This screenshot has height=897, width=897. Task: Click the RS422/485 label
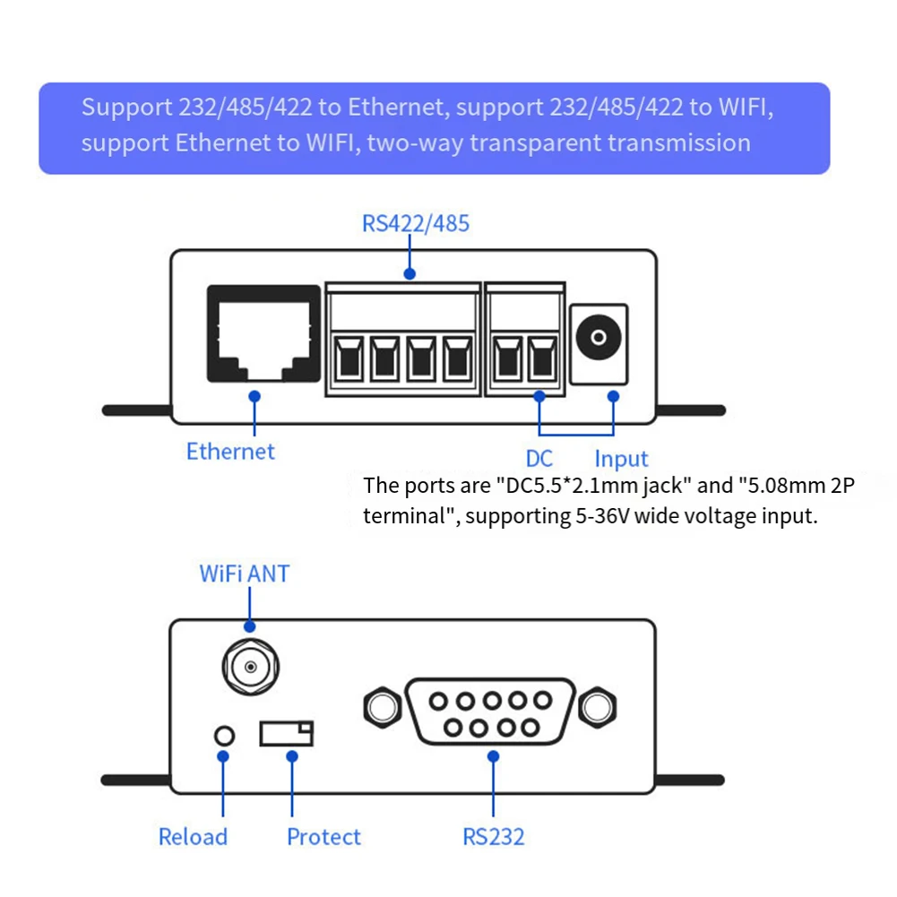[415, 223]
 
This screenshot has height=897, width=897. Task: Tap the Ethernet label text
[230, 452]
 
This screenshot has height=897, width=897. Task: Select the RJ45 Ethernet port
[263, 333]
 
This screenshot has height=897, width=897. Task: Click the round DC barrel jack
[599, 337]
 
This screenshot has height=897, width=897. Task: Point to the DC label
[539, 459]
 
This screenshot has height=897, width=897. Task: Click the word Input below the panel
[621, 459]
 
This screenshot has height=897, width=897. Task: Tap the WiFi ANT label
[245, 574]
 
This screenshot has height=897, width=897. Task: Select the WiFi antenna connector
[251, 667]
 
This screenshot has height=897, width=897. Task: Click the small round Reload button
[224, 736]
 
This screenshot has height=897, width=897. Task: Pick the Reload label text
[193, 837]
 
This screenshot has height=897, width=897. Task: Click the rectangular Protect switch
[287, 733]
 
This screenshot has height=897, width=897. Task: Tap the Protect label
[323, 837]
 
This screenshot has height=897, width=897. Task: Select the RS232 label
[493, 837]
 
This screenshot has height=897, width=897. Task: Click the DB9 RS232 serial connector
[490, 712]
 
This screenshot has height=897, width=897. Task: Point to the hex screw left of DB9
[383, 708]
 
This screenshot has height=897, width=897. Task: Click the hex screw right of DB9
[598, 708]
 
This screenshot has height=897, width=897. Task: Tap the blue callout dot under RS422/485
[410, 274]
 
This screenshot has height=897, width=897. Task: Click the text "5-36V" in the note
[602, 516]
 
